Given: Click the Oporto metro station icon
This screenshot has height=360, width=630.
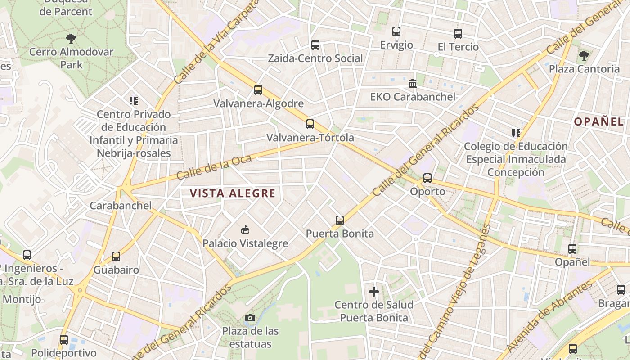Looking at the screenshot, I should click(427, 178).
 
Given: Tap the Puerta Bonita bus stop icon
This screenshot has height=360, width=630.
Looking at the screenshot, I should click(340, 220).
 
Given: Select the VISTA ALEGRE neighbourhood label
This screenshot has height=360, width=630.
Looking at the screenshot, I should click(232, 193).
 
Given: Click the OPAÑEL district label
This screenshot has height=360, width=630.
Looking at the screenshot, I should click(598, 121).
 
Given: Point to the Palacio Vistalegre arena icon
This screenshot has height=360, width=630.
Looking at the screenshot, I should click(245, 230).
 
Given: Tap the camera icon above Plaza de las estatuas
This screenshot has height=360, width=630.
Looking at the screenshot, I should click(250, 318).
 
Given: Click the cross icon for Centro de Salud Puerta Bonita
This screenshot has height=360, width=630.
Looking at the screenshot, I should click(374, 292).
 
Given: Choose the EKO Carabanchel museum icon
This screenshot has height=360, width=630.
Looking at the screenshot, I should click(413, 83).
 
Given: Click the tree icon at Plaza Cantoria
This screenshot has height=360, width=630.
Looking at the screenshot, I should click(584, 56).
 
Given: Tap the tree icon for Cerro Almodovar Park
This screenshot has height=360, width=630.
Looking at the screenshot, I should click(71, 38).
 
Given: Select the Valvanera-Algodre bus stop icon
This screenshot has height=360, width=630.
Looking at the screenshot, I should click(258, 90).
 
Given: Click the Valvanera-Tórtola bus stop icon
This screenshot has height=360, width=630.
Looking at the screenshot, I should click(310, 124).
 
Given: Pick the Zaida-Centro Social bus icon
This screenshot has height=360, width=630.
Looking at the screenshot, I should click(315, 45).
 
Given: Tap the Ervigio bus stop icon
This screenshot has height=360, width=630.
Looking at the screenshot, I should click(396, 31).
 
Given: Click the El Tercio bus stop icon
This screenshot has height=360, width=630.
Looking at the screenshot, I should click(458, 34).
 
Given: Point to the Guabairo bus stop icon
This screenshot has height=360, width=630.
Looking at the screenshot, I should click(116, 256).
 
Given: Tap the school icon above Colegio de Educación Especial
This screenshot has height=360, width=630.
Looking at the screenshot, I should click(516, 133).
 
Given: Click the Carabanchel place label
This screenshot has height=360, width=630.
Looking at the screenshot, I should click(121, 206).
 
